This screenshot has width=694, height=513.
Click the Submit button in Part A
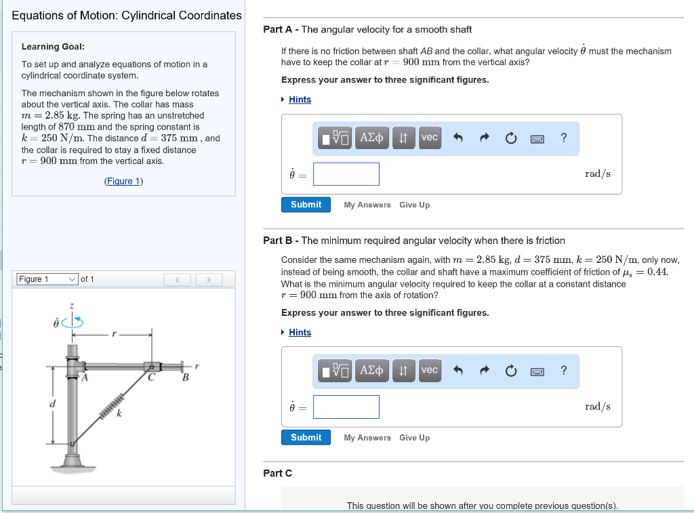point(306,205)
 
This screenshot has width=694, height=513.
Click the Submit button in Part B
point(306,437)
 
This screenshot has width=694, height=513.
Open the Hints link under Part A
point(300,100)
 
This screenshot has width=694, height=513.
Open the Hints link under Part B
point(300,332)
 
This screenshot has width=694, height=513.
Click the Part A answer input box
point(346,174)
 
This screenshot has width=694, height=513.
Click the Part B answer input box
point(346,407)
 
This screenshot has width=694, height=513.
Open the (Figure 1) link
point(123,181)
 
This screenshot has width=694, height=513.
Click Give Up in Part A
point(414,205)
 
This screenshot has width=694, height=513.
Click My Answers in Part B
point(367,438)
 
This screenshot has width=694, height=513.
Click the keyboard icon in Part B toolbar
point(537,371)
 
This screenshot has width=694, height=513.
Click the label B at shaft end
point(184,378)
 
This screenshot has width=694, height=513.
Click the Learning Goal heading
point(53,47)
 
